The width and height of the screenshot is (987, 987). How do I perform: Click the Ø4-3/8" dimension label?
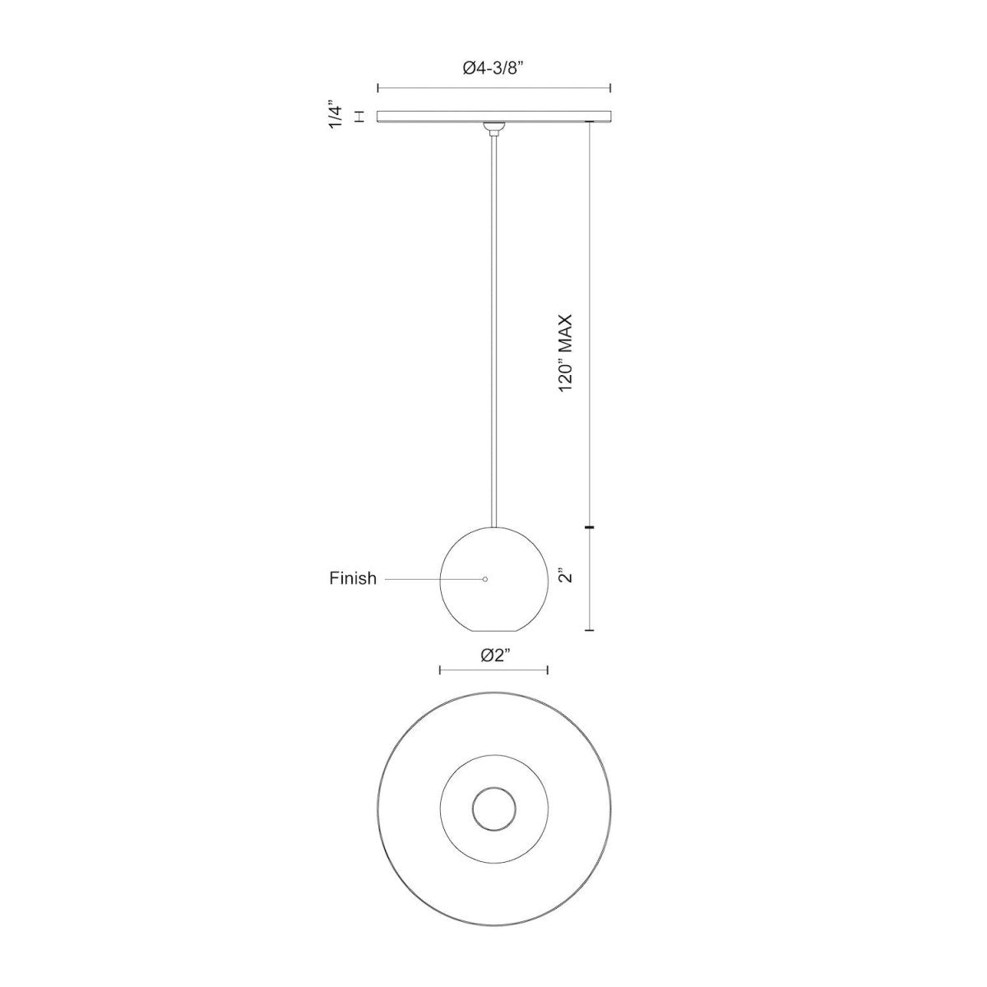click(x=493, y=69)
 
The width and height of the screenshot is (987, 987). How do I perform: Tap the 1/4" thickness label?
click(x=334, y=116)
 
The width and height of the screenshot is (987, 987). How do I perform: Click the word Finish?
click(x=353, y=578)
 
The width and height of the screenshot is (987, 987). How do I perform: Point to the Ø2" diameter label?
click(x=494, y=655)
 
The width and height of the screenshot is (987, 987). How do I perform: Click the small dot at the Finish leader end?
click(x=485, y=579)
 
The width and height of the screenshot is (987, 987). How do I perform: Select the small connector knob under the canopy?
click(x=493, y=127)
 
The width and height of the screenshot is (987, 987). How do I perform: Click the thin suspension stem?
click(x=493, y=329)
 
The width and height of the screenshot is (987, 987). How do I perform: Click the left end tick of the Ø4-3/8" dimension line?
click(x=378, y=88)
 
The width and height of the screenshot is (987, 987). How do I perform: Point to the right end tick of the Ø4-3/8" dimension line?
click(x=610, y=88)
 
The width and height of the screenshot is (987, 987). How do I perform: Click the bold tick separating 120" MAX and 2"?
click(x=590, y=526)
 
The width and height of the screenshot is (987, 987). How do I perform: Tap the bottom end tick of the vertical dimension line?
click(x=590, y=630)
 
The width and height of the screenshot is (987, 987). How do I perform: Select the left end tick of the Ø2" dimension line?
click(x=440, y=670)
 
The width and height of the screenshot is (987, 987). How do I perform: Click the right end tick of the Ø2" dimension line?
click(x=548, y=670)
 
